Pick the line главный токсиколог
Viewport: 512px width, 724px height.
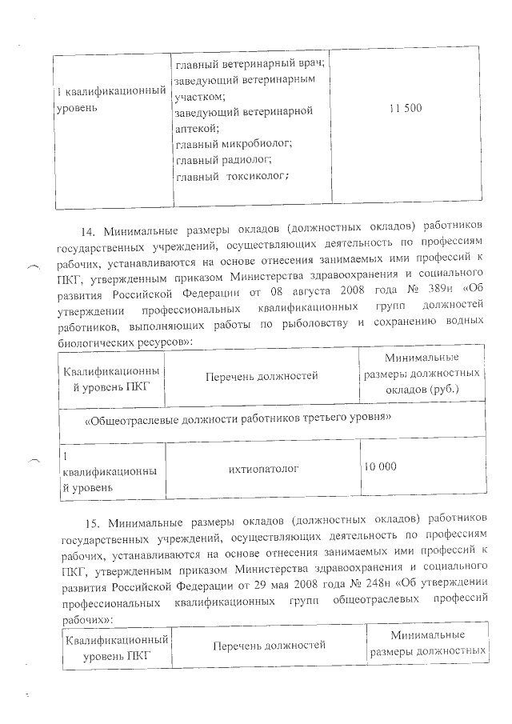click(x=232, y=176)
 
